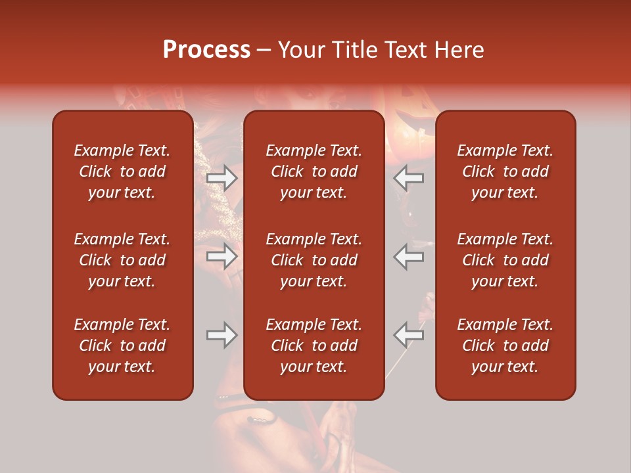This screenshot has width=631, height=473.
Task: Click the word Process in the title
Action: [206, 50]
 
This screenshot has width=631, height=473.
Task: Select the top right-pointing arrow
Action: [222, 178]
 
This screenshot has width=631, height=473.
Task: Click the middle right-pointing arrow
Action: [222, 256]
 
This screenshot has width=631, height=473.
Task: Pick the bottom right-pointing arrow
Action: [222, 335]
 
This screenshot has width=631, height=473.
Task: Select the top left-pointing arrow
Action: [408, 178]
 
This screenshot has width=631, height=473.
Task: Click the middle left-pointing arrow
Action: [408, 256]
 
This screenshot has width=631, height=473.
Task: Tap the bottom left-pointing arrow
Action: [408, 335]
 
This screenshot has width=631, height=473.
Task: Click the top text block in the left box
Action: [122, 171]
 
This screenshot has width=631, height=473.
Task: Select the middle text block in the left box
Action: [122, 260]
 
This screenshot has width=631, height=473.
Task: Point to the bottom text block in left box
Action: [122, 346]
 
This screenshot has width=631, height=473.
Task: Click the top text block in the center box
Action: [314, 171]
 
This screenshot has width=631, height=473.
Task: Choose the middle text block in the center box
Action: [314, 260]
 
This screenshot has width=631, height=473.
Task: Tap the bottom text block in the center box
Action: [314, 346]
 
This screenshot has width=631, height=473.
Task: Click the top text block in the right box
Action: [505, 171]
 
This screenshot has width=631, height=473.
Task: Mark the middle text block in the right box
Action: [505, 260]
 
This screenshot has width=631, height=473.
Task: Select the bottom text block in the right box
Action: [505, 346]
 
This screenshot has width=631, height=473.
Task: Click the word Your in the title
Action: [300, 50]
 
